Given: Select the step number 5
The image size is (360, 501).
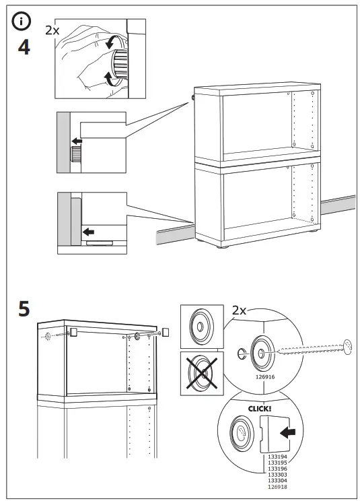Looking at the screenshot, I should point(24,310).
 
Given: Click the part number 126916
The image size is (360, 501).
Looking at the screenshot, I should point(266,378).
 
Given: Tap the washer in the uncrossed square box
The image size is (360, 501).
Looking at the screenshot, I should point(201,327).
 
